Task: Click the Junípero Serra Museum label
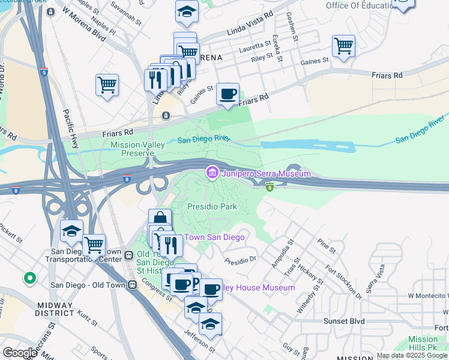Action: (x=266, y=173)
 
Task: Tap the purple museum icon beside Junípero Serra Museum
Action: (x=211, y=173)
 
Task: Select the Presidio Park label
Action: (x=211, y=207)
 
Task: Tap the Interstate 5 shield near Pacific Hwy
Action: (x=44, y=73)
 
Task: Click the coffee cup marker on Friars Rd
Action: (x=228, y=94)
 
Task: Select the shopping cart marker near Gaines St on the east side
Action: (x=343, y=46)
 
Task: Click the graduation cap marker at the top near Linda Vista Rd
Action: (x=187, y=11)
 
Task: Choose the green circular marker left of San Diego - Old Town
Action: (x=29, y=278)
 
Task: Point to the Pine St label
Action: (x=327, y=245)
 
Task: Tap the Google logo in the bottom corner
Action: (x=20, y=353)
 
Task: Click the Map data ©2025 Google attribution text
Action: (x=412, y=355)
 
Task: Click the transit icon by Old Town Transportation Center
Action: (x=128, y=256)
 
